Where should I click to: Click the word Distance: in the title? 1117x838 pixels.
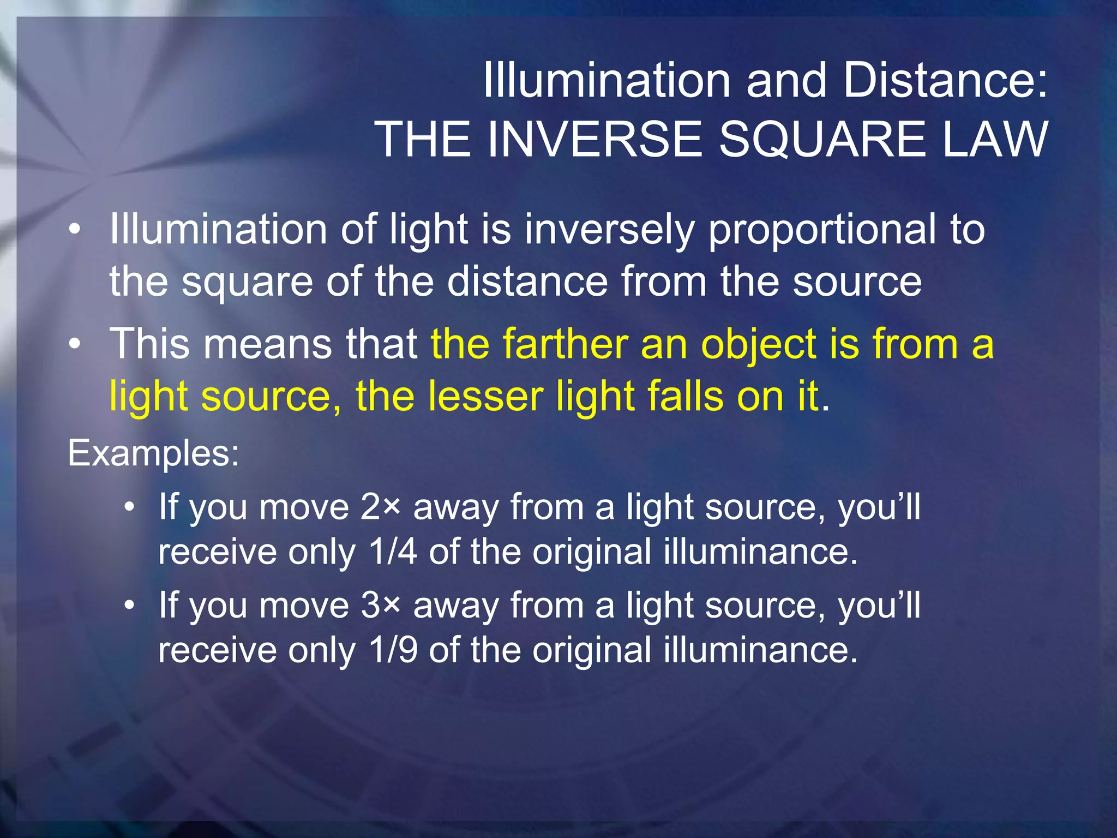(x=945, y=81)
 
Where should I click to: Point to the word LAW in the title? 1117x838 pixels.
(x=994, y=139)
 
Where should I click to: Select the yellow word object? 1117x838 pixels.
(x=759, y=345)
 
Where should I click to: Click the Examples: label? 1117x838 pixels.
(x=153, y=453)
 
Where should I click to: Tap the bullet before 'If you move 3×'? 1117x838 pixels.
(x=129, y=606)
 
